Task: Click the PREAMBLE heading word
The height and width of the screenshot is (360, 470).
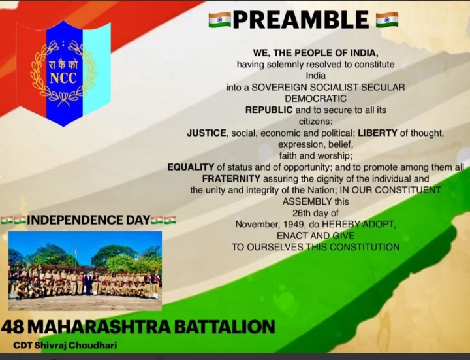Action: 301,20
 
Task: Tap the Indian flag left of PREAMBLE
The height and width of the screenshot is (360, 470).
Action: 220,20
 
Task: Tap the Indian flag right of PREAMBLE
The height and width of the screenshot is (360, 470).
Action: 387,20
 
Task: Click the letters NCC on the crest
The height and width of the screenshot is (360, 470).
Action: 63,78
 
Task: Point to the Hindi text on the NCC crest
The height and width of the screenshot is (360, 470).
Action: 63,64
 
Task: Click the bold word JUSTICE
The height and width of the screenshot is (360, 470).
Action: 206,133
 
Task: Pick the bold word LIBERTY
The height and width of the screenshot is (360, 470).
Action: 377,133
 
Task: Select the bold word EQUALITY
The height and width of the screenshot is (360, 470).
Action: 191,167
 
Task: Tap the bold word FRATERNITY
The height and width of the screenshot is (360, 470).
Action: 231,178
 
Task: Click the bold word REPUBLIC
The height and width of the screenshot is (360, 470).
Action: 269,110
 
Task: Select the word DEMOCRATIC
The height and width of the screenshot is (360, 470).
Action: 316,99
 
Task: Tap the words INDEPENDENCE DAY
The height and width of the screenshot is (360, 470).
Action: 88,220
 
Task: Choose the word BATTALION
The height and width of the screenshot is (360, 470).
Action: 225,327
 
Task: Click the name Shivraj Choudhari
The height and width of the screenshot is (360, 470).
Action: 76,346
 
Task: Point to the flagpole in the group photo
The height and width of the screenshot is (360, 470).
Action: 76,257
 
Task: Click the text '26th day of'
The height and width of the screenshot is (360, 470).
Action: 316,213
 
